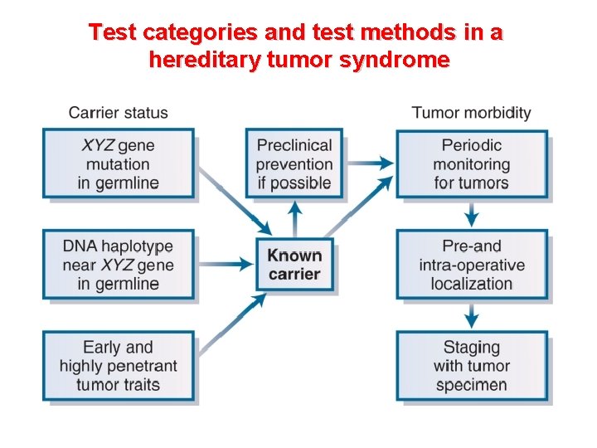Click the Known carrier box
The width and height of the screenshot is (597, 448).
coord(294,265)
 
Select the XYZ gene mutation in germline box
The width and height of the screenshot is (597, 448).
coord(118,163)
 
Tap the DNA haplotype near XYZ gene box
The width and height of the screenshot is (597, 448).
coord(118,265)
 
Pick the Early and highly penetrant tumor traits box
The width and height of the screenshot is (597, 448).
coord(118,366)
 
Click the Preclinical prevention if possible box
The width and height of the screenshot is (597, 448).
coord(294,163)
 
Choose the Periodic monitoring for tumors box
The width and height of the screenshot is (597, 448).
coord(471,163)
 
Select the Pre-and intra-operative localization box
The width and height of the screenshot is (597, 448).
coord(471,265)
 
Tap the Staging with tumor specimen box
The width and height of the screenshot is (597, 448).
coord(471,366)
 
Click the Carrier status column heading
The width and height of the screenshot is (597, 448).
coord(118,113)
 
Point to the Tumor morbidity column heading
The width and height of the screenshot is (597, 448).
coord(471,113)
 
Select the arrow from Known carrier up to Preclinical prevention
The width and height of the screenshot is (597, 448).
coord(294,219)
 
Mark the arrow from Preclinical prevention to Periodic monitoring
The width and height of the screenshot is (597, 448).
coord(369,163)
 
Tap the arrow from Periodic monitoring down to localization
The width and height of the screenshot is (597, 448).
coord(471,214)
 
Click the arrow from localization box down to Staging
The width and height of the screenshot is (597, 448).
coord(471,315)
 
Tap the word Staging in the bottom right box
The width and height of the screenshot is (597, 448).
coord(471,347)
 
